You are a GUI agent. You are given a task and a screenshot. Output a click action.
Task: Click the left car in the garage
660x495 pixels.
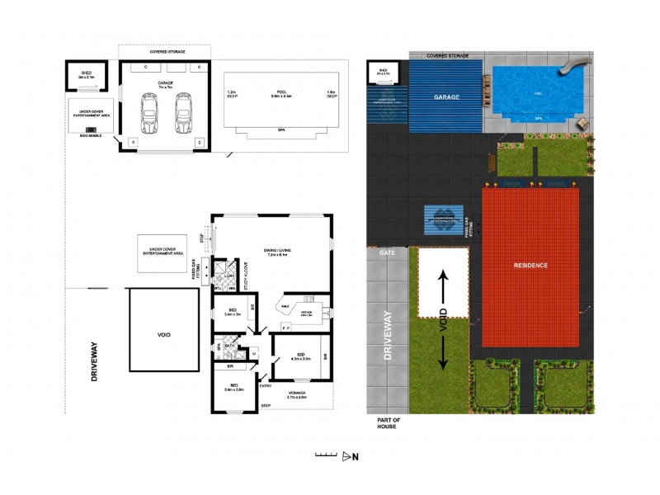[x=150, y=113]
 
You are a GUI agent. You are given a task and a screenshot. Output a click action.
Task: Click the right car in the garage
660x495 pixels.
[x=182, y=113]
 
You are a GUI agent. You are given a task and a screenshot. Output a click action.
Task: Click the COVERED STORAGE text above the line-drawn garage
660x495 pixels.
[x=167, y=51]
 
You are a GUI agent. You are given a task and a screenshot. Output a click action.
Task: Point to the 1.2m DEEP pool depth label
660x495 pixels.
[x=232, y=94]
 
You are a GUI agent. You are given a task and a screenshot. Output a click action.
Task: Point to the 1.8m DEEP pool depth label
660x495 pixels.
[x=332, y=94]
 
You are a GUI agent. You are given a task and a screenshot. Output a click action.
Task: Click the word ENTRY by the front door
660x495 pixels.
[x=266, y=385]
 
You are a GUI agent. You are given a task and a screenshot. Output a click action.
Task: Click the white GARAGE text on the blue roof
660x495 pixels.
[x=446, y=97]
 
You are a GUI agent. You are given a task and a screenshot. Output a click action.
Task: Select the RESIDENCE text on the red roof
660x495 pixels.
[x=531, y=266]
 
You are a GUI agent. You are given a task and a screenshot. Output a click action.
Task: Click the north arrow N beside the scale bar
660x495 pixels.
[x=356, y=456]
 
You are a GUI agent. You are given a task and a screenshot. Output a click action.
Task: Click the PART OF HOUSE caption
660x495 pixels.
[x=384, y=424]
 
